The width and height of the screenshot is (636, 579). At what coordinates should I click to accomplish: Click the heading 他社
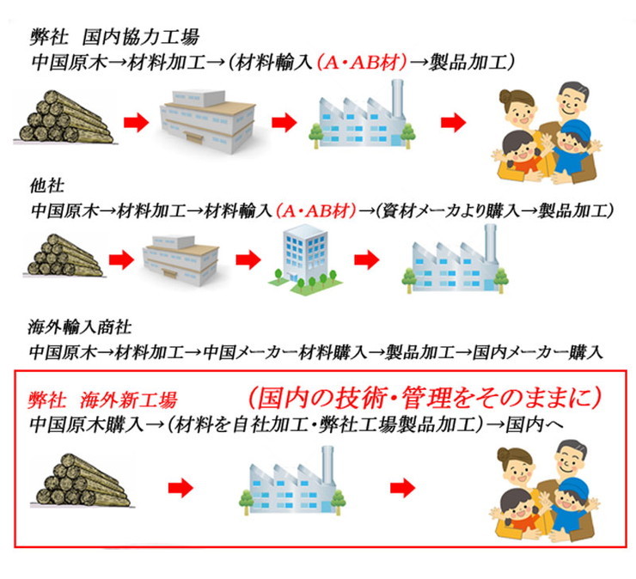[x=47, y=186]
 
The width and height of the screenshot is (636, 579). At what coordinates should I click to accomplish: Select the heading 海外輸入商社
[x=80, y=327]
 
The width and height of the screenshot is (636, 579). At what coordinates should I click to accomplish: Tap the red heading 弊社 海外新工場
[x=102, y=400]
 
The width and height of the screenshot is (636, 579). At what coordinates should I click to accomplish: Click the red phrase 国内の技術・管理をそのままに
[x=425, y=398]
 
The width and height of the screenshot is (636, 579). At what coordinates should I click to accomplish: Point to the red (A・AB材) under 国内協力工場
[x=361, y=63]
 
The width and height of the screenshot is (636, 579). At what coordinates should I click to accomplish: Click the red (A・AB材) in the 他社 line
[x=316, y=210]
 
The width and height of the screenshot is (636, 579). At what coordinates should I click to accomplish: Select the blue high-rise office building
[x=306, y=259]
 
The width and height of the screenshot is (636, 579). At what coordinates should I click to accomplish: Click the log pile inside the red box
[x=81, y=480]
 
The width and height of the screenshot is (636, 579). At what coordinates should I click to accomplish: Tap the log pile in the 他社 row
[x=64, y=255]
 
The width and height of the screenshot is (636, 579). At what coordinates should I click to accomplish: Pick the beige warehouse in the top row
[x=208, y=121]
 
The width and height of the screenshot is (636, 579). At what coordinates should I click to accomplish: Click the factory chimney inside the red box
[x=327, y=466]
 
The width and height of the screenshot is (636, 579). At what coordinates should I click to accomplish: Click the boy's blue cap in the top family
[x=574, y=129]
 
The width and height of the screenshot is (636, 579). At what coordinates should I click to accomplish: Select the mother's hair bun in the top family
[x=506, y=97]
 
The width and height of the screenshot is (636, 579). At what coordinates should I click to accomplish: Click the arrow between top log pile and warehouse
[x=137, y=121]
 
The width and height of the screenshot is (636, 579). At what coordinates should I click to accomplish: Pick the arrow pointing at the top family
[x=454, y=121]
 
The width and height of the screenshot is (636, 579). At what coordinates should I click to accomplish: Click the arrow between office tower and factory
[x=367, y=259]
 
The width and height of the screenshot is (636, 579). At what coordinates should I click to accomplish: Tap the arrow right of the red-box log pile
[x=180, y=487]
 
